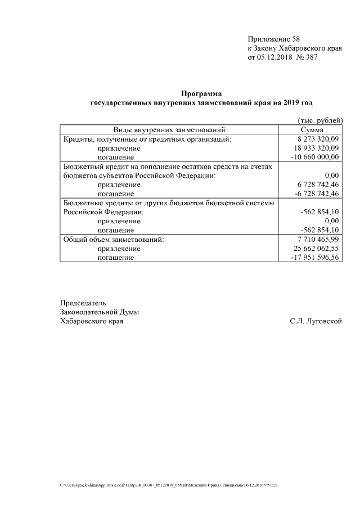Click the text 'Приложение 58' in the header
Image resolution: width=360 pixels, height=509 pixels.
274,39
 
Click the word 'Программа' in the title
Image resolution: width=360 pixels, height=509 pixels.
201,93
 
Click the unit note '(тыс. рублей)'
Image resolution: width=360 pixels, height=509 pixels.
319,121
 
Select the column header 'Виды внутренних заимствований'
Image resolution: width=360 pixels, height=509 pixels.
169,130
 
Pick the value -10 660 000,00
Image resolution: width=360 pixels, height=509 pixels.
315,157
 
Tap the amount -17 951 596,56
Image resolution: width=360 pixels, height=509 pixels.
315,257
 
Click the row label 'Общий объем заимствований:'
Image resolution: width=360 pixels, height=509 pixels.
114,239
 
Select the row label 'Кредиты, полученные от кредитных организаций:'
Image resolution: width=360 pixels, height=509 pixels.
147,139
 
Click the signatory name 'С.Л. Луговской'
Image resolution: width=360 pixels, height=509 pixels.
316,321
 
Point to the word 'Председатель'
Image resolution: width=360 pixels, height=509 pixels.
83,303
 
